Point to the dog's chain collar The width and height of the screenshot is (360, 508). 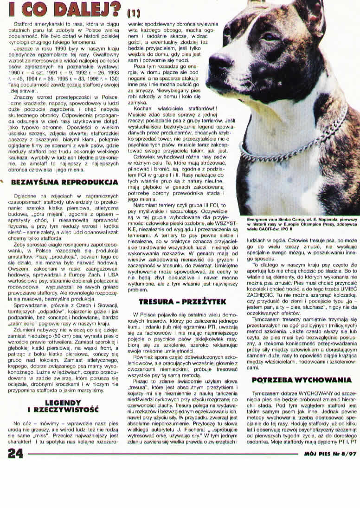(x=297, y=139)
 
